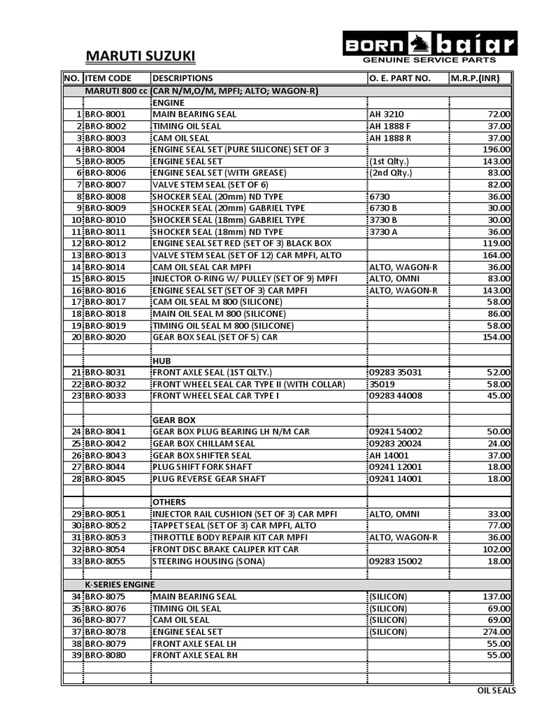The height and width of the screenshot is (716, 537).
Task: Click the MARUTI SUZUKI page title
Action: [x=140, y=55]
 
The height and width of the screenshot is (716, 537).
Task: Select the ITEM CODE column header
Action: [x=108, y=78]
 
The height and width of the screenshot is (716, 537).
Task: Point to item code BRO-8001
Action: [x=106, y=114]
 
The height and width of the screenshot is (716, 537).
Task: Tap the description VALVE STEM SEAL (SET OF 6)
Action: [x=210, y=185]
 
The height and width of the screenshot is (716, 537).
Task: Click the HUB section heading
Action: [x=162, y=361]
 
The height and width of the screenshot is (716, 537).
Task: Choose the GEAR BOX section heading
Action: [x=174, y=420]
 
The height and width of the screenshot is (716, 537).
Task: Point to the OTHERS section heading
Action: [x=169, y=502]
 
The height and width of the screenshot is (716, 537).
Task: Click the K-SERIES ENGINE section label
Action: [x=120, y=585]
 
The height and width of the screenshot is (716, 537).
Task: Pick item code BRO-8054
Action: [x=106, y=549]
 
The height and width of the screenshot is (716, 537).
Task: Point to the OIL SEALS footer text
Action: [x=496, y=691]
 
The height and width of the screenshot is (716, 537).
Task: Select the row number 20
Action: [x=76, y=337]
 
